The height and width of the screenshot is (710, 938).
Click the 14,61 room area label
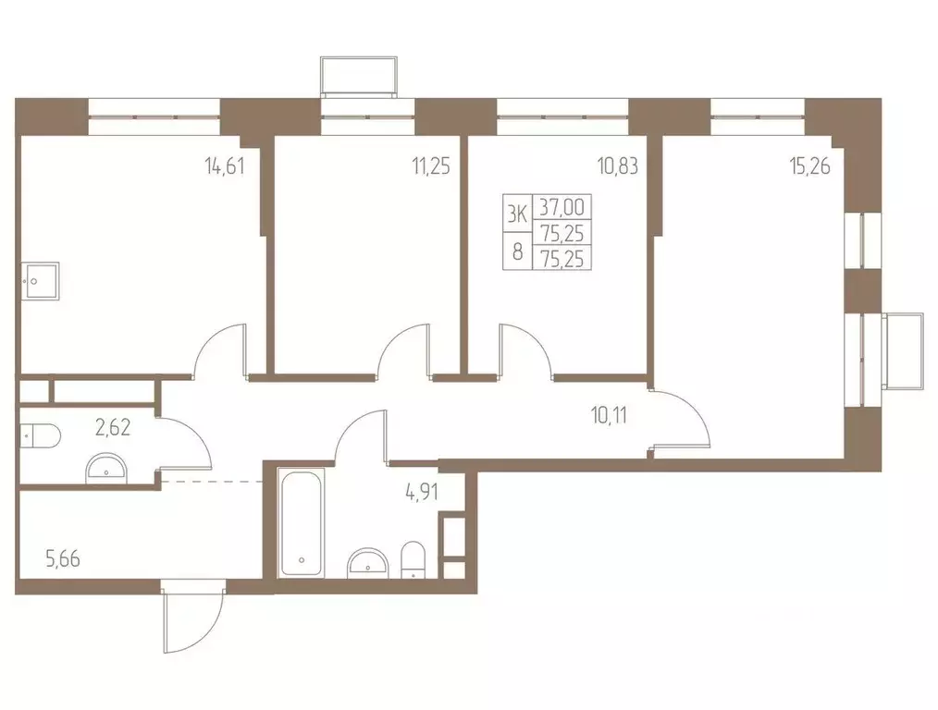(225, 165)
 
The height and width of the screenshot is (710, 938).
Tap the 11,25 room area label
(431, 165)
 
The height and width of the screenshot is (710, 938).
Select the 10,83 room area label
(617, 165)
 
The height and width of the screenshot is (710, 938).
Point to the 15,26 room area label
(810, 165)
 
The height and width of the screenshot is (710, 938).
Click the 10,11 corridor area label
(609, 415)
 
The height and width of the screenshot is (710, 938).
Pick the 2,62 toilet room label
(113, 427)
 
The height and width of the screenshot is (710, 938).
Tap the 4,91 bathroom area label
(421, 493)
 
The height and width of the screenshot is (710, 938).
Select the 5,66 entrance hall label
(63, 560)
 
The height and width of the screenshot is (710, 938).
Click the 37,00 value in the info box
(562, 207)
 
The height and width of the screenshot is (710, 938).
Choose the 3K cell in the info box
(517, 214)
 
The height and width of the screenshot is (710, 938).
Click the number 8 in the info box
(517, 251)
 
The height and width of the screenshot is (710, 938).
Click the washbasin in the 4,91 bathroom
(367, 563)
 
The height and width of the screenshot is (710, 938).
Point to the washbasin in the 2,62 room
(105, 469)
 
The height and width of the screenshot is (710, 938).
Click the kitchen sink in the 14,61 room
(40, 281)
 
